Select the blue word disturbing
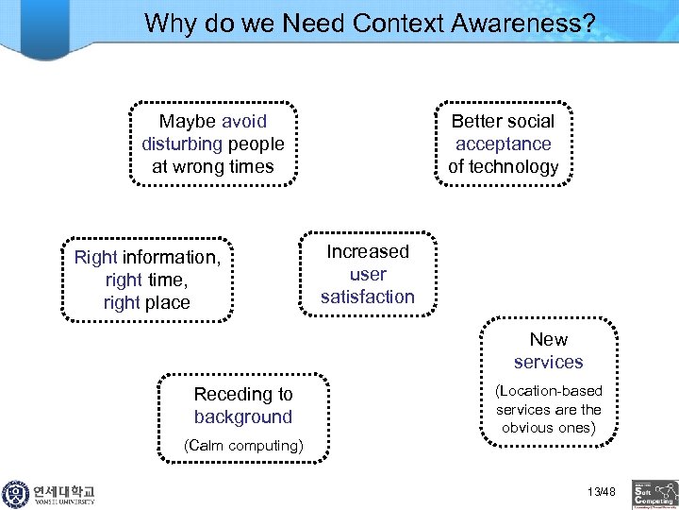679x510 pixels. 182,144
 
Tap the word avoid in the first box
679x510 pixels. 244,121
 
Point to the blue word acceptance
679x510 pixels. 503,144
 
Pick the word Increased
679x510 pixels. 368,251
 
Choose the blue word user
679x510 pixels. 368,274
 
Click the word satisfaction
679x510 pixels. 368,297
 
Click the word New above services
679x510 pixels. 548,339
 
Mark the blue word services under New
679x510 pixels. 548,362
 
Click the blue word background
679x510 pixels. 243,416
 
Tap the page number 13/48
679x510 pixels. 600,491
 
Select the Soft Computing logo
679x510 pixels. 654,493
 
